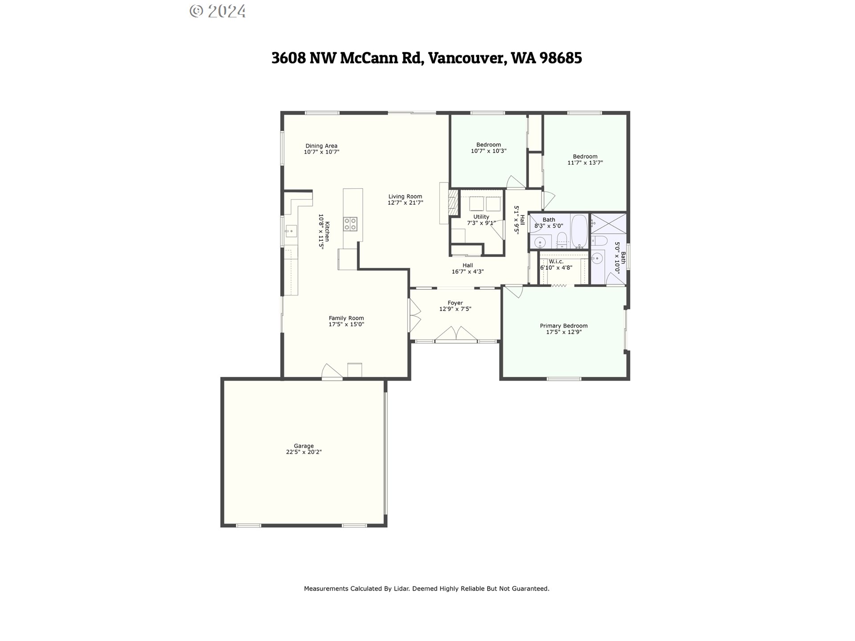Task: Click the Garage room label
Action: tap(303, 446)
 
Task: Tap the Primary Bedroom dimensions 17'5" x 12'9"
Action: tap(563, 332)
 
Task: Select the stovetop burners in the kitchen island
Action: tap(350, 223)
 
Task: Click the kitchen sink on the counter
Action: tap(291, 231)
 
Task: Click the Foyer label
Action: tap(455, 303)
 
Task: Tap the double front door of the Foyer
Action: tap(456, 334)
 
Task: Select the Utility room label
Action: tap(481, 217)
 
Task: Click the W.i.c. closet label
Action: tap(556, 261)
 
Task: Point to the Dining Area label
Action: tap(321, 146)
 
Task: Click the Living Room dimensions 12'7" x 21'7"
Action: tap(405, 203)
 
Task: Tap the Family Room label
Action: tap(346, 318)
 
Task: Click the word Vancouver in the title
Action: tap(466, 58)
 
